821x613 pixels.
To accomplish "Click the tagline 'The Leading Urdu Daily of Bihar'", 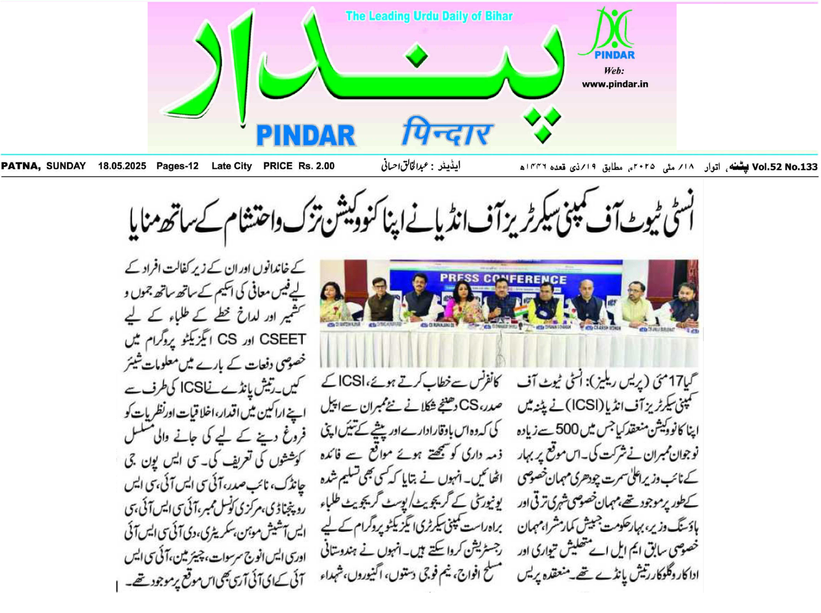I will [429, 16].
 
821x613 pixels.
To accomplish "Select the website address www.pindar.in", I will [615, 84].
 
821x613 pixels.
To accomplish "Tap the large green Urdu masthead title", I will [364, 71].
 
